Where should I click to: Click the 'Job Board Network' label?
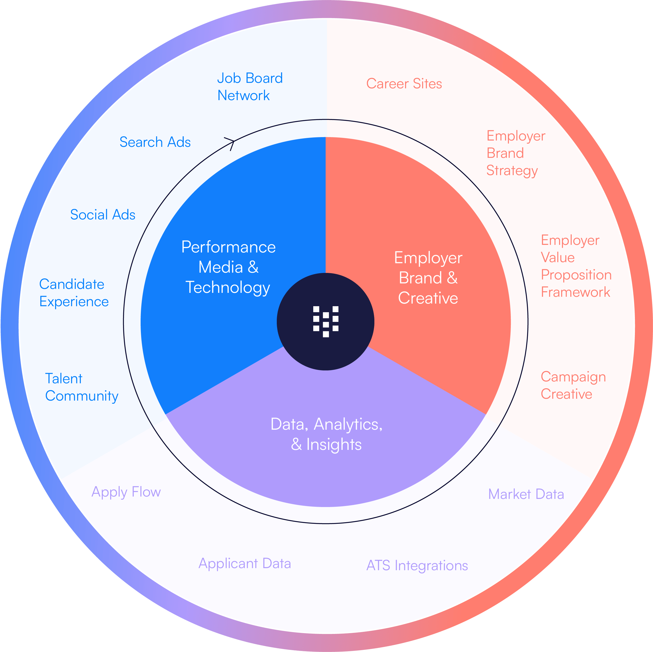pos(249,87)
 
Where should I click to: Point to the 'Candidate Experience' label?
pos(74,293)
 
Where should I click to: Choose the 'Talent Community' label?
pos(81,387)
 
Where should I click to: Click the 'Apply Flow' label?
pos(126,492)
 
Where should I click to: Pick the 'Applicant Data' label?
pos(245,563)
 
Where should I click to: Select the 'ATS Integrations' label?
pos(417,565)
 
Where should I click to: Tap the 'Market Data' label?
pos(526,494)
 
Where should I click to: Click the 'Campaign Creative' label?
pos(573,385)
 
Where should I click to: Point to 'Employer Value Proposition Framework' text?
pos(576,266)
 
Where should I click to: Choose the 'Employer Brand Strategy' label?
pos(516,153)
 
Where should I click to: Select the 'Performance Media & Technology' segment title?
pos(229,267)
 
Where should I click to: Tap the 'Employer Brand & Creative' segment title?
pos(428,278)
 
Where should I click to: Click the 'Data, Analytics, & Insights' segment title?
pos(326,434)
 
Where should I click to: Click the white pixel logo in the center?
pos(326,321)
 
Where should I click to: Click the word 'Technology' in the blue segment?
pos(228,288)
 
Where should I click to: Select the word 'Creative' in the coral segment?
pos(428,298)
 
